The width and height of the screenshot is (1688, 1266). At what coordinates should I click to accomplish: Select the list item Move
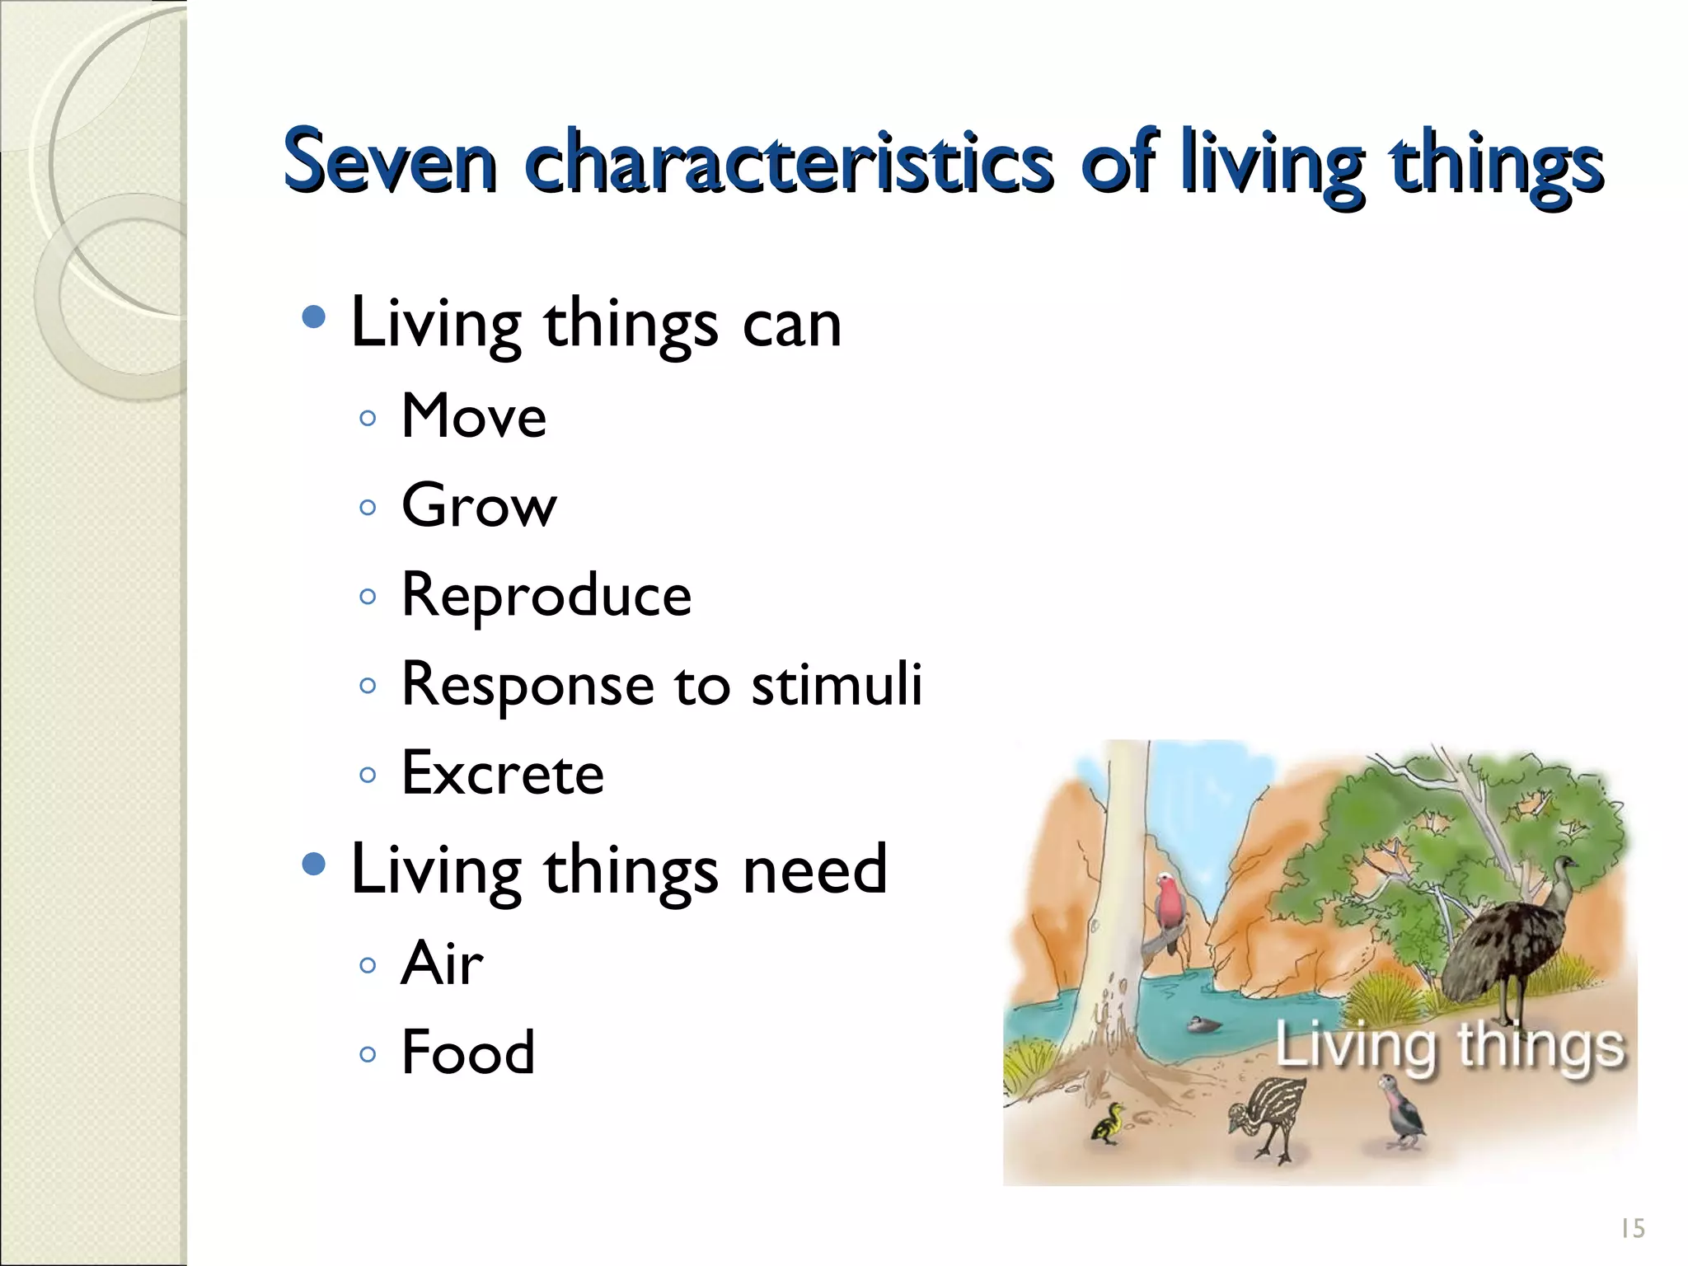click(x=473, y=416)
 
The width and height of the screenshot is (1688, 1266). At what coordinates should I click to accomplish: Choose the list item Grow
click(x=479, y=505)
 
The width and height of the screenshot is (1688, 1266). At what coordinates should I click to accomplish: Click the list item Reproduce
click(x=546, y=595)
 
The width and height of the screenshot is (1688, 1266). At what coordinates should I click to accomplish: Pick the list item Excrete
click(x=502, y=774)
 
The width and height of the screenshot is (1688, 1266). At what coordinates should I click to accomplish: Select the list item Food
click(x=467, y=1053)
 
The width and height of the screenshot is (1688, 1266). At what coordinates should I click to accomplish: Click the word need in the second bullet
click(x=814, y=870)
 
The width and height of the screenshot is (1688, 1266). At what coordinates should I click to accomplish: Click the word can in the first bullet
click(x=791, y=324)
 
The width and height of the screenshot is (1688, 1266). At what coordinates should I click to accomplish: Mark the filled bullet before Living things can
click(x=314, y=317)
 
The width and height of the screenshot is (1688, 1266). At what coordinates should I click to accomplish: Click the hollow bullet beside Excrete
click(x=368, y=776)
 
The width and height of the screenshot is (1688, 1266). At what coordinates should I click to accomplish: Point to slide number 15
click(x=1632, y=1229)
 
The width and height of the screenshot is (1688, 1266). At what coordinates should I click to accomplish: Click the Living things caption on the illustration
click(x=1450, y=1047)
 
